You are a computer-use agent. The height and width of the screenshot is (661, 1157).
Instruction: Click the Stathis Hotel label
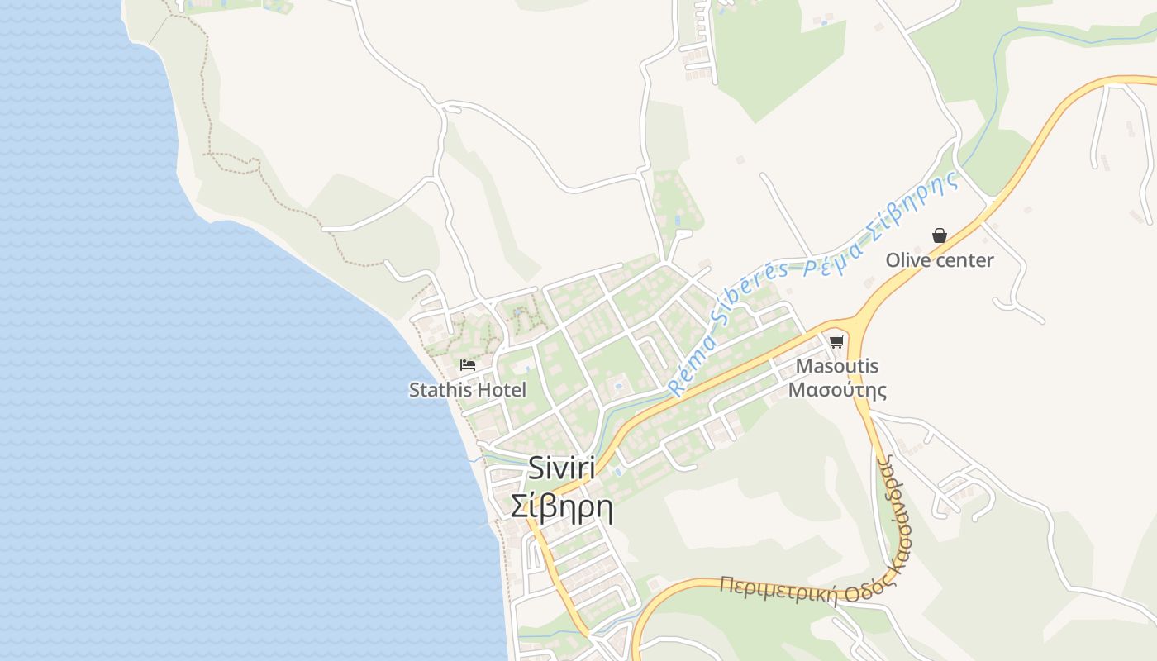pos(468,390)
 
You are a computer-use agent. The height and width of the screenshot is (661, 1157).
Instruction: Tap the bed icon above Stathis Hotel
pos(468,364)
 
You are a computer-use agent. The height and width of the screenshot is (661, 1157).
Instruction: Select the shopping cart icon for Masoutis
pos(837,340)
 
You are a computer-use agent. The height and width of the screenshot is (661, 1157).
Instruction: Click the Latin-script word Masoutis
pos(837,365)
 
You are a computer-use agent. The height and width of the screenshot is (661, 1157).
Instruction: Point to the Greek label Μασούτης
pos(837,389)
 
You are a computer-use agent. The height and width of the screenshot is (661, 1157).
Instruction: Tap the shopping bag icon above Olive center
pos(940,235)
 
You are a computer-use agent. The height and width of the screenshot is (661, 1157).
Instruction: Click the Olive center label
pos(940,260)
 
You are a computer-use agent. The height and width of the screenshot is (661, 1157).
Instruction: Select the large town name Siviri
pos(562,468)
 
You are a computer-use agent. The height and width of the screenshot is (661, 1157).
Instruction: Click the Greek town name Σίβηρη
pos(562,506)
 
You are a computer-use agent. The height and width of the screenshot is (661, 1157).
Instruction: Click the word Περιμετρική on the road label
pos(778,589)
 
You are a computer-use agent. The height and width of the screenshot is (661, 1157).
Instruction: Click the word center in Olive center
pos(964,260)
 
